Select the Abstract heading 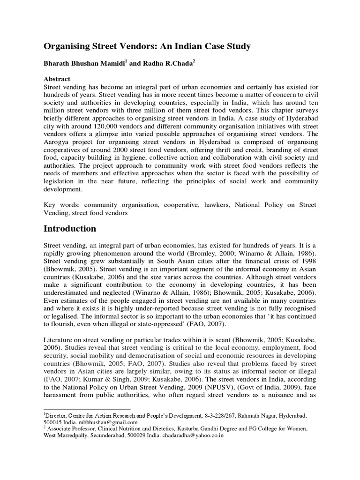point(58,80)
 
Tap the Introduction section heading point(70,229)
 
